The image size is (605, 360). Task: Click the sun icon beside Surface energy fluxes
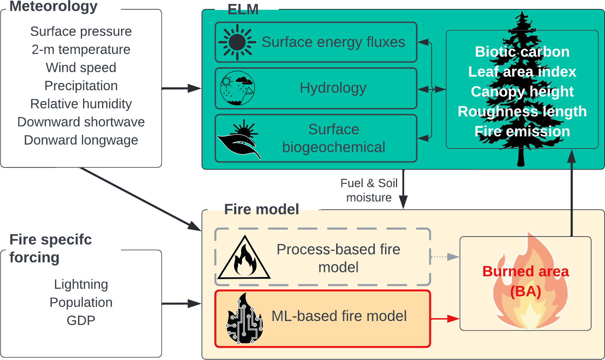237,42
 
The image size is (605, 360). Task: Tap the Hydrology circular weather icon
237,88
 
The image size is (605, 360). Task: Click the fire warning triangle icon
244,258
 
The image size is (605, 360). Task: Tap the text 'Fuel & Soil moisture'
369,190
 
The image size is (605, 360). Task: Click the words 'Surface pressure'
81,31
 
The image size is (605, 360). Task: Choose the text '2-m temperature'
81,49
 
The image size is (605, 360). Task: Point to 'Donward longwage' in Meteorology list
81,140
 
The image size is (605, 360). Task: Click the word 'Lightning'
81,284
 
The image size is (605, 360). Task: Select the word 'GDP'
81,320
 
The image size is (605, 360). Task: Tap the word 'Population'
81,302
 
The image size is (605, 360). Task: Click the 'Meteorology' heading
53,6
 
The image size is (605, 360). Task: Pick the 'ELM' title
243,10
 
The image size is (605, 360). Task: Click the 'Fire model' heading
261,209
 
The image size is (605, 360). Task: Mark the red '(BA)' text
526,291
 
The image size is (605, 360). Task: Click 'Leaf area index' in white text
522,72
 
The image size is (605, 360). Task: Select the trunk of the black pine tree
521,157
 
